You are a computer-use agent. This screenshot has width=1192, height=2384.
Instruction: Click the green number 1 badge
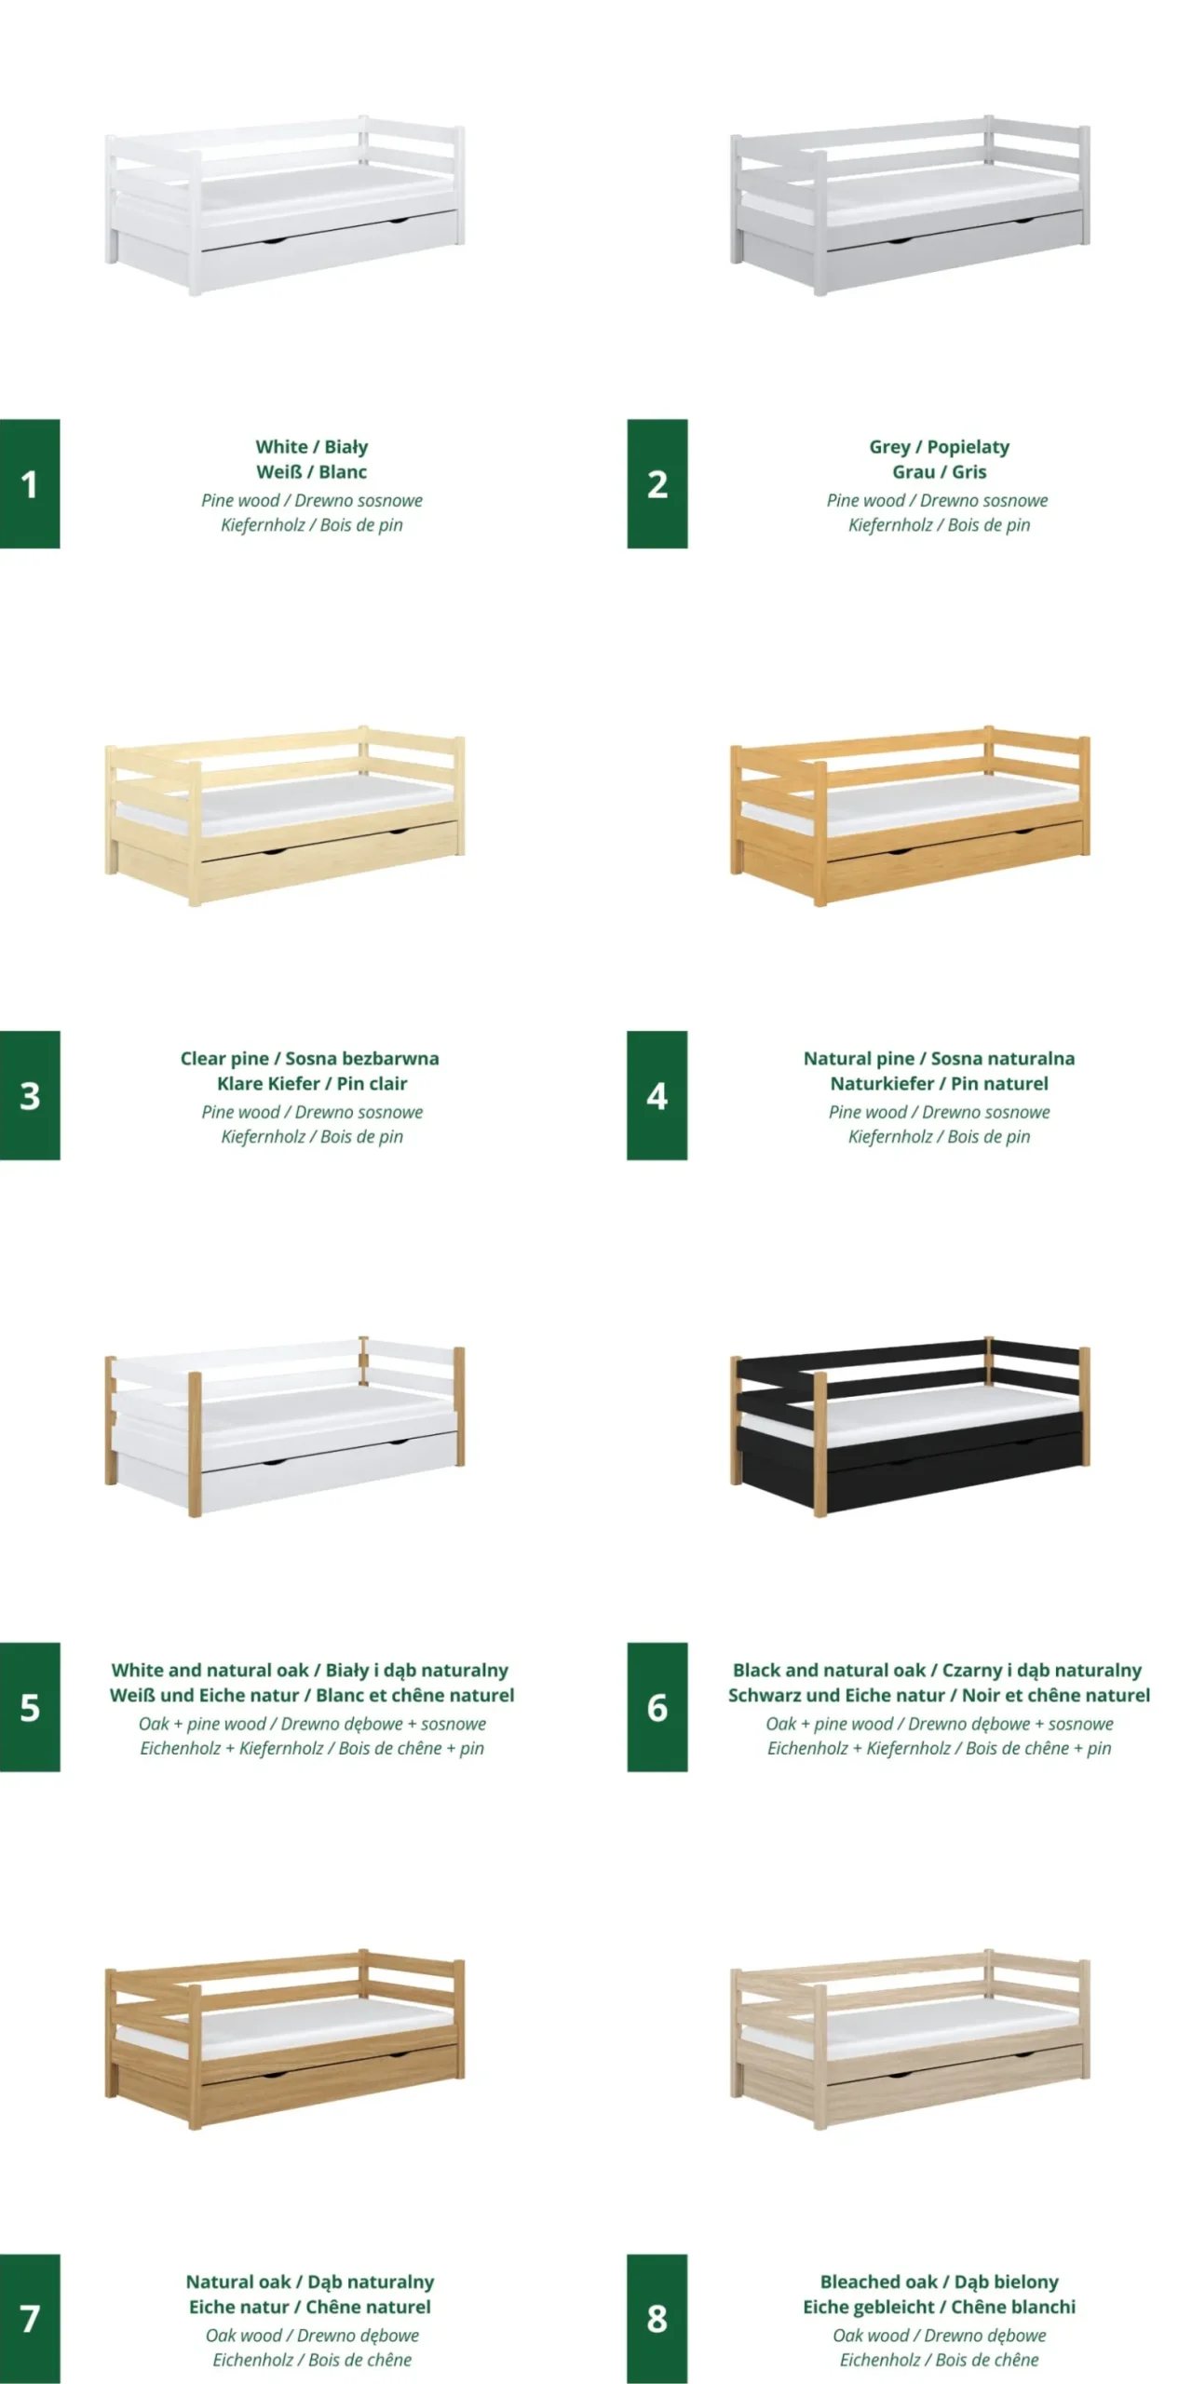pyautogui.click(x=30, y=483)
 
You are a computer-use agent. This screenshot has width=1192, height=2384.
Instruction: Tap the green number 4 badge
pyautogui.click(x=657, y=1095)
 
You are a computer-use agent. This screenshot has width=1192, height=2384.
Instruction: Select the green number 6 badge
pyautogui.click(x=657, y=1707)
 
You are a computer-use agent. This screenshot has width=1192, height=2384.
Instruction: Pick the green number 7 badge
pyautogui.click(x=30, y=2319)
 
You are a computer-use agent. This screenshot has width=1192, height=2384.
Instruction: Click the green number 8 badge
pyautogui.click(x=657, y=2319)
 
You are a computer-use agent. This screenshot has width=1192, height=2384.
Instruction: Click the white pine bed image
pyautogui.click(x=284, y=206)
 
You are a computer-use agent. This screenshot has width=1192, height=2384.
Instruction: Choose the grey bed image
pyautogui.click(x=910, y=206)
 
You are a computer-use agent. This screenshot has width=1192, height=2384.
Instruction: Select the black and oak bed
pyautogui.click(x=910, y=1427)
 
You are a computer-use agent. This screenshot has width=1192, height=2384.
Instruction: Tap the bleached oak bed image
pyautogui.click(x=910, y=2039)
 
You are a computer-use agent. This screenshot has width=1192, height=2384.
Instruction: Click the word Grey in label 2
pyautogui.click(x=889, y=447)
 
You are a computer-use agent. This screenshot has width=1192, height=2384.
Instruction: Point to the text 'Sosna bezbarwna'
pyautogui.click(x=362, y=1059)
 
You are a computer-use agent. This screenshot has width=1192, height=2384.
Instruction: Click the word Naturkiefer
pyautogui.click(x=882, y=1084)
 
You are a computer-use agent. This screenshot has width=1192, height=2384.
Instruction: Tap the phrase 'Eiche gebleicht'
pyautogui.click(x=869, y=2308)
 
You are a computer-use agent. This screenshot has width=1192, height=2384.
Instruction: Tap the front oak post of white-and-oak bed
pyautogui.click(x=195, y=1444)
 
